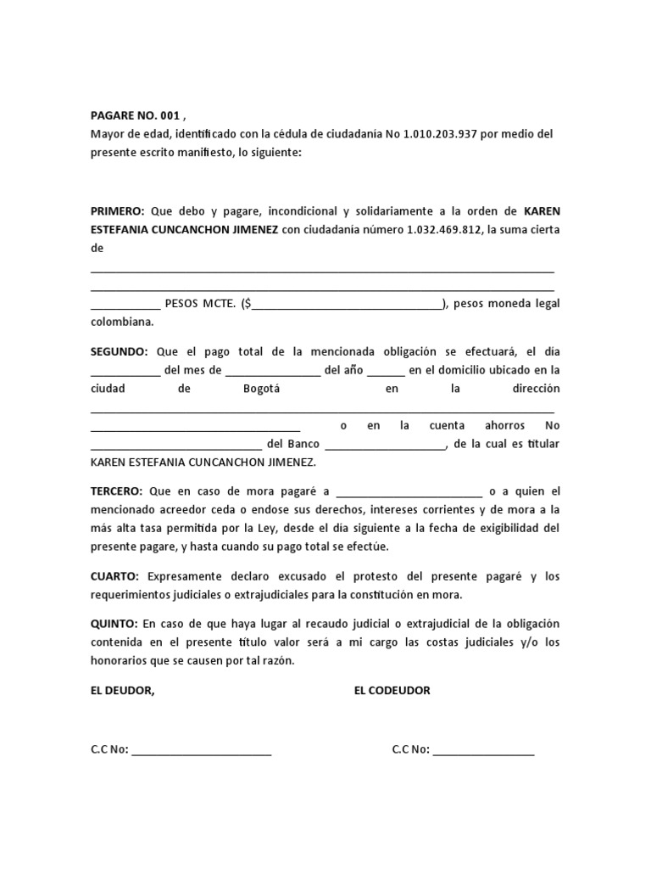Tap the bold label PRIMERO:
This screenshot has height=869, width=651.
(x=118, y=211)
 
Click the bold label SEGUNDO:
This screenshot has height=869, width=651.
(x=120, y=351)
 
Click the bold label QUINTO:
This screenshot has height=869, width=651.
(x=114, y=625)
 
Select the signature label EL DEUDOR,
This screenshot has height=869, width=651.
(x=123, y=691)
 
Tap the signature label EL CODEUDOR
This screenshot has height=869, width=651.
(x=392, y=691)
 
